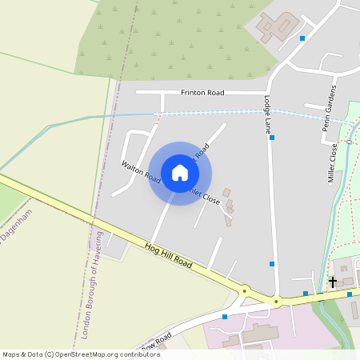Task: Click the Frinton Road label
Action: click(x=202, y=93)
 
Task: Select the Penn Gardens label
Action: click(x=326, y=107)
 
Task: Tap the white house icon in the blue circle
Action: click(x=180, y=173)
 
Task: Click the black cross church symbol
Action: click(x=333, y=282)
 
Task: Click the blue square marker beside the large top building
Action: click(x=302, y=38)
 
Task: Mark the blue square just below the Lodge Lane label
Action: click(x=272, y=138)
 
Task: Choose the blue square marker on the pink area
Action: click(x=224, y=317)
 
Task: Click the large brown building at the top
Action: click(x=277, y=27)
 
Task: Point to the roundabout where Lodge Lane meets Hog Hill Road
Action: click(x=276, y=302)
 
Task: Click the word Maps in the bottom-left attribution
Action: click(x=12, y=354)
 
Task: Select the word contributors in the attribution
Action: click(x=138, y=354)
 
